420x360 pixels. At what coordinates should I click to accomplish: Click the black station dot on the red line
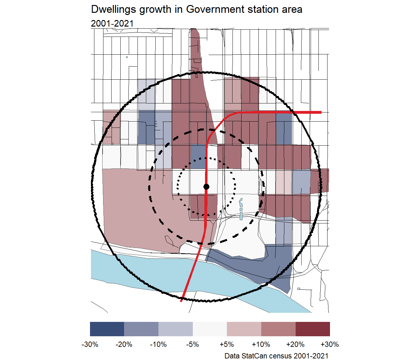[206, 187]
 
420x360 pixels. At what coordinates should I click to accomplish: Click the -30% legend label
[90, 344]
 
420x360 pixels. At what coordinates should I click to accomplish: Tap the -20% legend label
[124, 344]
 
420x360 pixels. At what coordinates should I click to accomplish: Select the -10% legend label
[158, 344]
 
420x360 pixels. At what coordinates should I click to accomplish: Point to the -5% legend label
[192, 344]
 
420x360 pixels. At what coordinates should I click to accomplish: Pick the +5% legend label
[227, 344]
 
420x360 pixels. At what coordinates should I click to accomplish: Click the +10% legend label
[261, 344]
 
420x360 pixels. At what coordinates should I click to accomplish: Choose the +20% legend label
[295, 344]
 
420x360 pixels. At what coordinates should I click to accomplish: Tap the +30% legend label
[330, 344]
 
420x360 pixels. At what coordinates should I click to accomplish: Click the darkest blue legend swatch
[107, 329]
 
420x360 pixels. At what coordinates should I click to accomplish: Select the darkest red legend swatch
[313, 329]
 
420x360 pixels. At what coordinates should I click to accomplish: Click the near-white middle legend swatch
[210, 329]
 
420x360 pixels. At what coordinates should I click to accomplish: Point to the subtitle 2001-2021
[112, 23]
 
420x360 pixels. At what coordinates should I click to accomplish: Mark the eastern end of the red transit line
[321, 112]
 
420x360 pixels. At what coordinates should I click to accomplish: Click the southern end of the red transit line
[181, 301]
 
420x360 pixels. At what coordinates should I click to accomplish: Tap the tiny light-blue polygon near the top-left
[127, 57]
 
